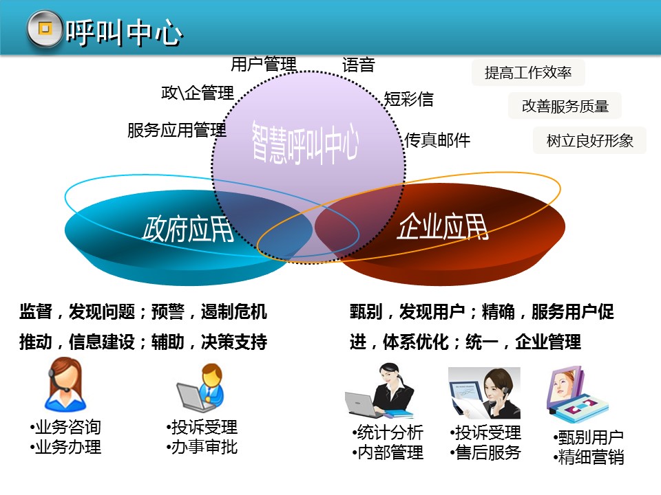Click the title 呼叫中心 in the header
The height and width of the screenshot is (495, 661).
coord(124,32)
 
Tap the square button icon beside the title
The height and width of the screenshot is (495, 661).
coord(45,29)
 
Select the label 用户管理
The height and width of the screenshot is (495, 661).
coord(264,65)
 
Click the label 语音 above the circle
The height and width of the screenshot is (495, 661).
coord(358,65)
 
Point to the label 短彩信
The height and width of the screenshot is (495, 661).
coord(408,99)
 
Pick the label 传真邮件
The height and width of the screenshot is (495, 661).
coord(437,140)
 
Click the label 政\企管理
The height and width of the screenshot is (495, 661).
coord(198,93)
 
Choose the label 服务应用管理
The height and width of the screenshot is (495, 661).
coord(177,130)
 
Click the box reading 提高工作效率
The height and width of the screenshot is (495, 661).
coord(528,72)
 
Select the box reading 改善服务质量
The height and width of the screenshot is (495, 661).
coord(565,106)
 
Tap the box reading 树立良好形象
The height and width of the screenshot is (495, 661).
coord(590,140)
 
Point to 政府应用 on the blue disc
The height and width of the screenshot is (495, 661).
coord(188,230)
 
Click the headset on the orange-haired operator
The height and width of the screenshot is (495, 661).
coord(55,381)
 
